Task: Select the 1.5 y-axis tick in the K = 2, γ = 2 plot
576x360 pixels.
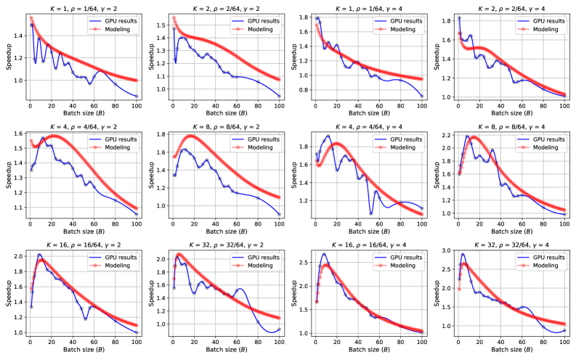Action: tap(160, 24)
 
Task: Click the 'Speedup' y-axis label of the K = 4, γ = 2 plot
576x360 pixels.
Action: tap(7, 173)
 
